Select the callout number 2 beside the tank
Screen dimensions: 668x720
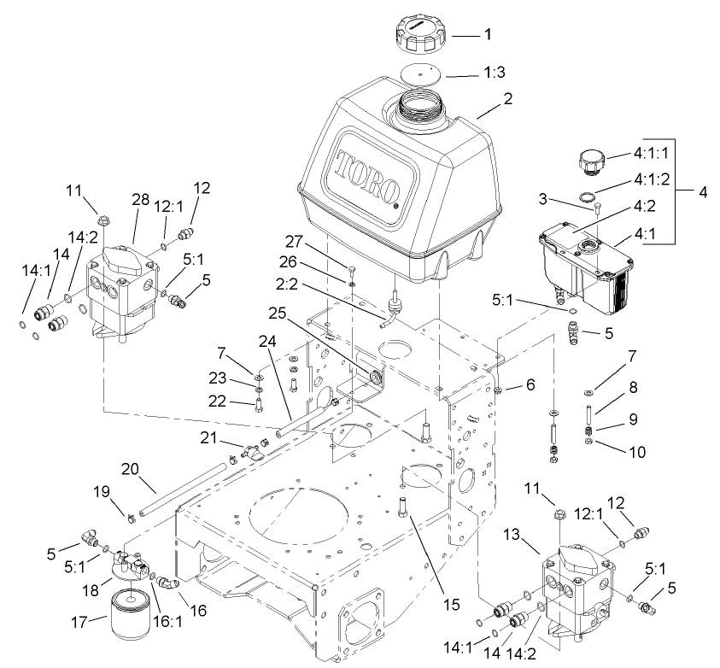(507, 99)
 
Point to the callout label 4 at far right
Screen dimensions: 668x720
(703, 192)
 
